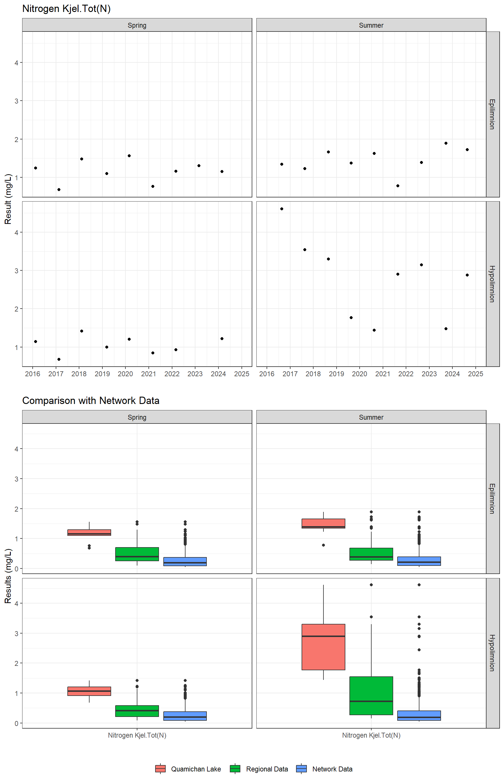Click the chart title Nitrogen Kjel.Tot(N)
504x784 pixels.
66,8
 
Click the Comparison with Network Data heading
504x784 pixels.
91,400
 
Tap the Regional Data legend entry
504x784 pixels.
259,769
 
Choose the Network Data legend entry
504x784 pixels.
325,769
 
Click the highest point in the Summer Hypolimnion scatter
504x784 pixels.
282,209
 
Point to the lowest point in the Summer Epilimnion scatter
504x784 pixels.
398,186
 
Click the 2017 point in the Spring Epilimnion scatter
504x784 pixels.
59,190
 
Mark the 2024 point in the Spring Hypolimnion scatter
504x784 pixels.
222,339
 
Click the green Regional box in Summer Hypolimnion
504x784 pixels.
371,695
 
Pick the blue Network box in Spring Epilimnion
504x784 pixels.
185,561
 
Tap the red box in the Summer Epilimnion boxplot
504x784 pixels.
323,523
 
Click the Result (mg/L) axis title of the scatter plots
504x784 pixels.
8,199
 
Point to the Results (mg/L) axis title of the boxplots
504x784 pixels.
8,576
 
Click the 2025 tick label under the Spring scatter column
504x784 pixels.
242,374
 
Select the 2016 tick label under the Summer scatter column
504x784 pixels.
267,374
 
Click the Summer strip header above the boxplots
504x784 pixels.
371,417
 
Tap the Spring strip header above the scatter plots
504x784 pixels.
137,25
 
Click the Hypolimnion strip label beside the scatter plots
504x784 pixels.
492,284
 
